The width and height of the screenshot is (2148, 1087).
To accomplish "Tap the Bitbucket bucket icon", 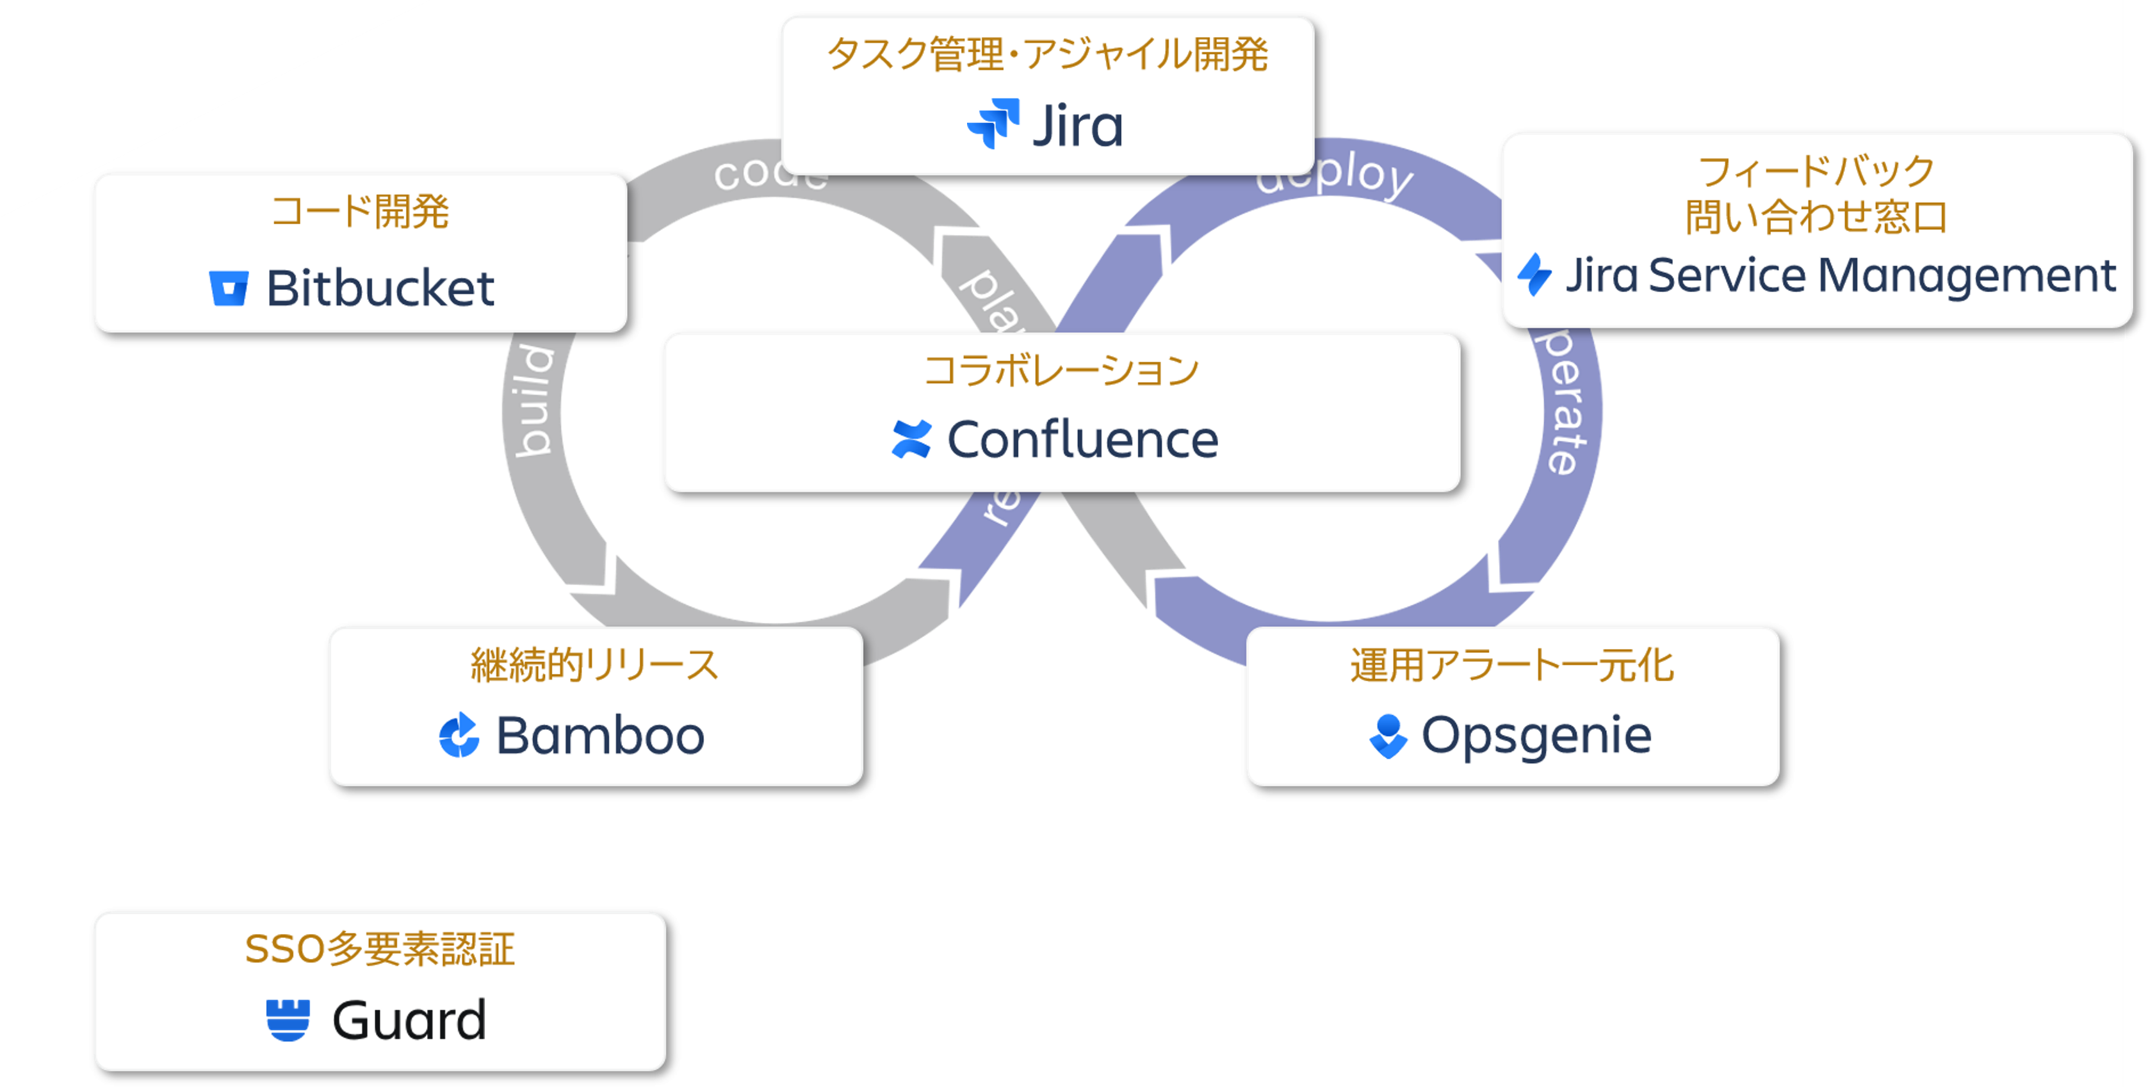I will (x=229, y=289).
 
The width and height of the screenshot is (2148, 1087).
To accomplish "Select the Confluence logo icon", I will (x=911, y=439).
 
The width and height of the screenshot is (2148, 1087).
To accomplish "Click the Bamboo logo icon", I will (x=459, y=735).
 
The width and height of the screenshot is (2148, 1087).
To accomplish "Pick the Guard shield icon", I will (x=288, y=1020).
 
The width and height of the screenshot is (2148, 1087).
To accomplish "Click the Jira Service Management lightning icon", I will (x=1534, y=275).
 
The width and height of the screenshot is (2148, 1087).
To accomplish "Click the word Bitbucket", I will (x=380, y=289).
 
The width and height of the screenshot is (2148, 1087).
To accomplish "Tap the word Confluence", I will (x=1082, y=439).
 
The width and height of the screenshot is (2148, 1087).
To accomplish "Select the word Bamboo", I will (x=600, y=735).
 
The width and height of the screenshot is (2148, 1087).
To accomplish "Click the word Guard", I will (x=409, y=1020).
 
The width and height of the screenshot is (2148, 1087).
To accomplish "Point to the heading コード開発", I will (x=360, y=211).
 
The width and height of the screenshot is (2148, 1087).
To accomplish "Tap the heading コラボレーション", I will (x=1061, y=370).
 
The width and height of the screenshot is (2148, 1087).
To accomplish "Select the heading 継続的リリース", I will (x=594, y=665).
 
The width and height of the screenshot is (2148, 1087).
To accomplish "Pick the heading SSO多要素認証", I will (x=380, y=949).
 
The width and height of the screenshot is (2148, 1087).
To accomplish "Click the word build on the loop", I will (x=533, y=400).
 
